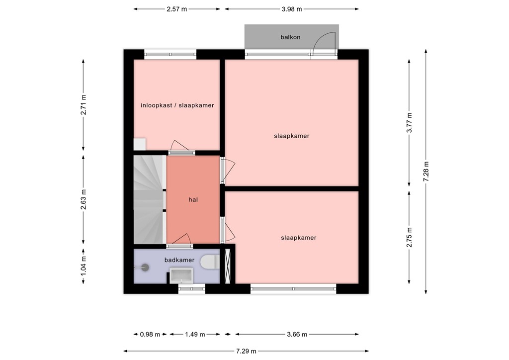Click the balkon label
[290, 37]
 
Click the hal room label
[193, 200]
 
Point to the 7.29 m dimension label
[246, 351]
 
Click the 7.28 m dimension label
[426, 172]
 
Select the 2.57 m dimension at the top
[177, 9]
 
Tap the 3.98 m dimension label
[291, 9]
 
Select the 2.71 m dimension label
[84, 105]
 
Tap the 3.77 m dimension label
[409, 122]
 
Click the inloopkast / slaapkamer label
[177, 105]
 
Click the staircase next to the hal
[149, 199]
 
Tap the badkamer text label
[179, 260]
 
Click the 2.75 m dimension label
[409, 237]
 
